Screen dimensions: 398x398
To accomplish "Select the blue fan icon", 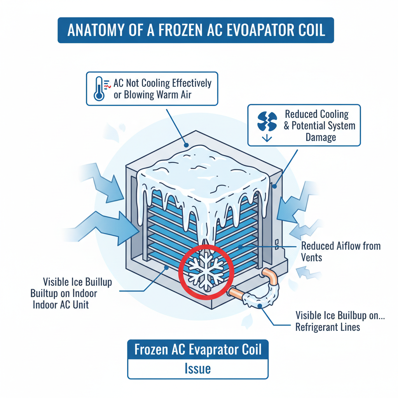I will (267, 121).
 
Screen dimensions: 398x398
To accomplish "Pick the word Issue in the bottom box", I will (198, 368).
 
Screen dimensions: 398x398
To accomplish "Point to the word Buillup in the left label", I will (96, 282).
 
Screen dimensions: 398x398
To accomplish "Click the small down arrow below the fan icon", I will (267, 139).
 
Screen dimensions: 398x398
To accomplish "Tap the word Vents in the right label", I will (311, 257).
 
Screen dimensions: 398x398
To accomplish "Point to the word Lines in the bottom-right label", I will (349, 327).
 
